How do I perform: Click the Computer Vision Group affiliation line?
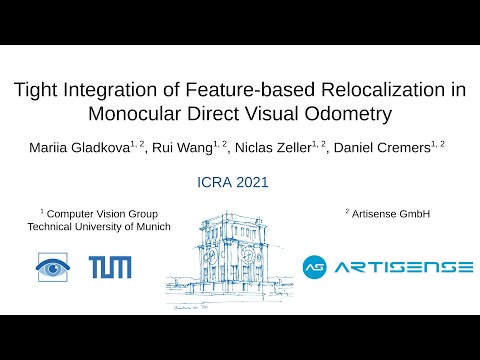coord(102,213)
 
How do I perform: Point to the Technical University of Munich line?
coord(98,227)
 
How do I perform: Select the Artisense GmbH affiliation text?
coord(390,213)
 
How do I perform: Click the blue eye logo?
coord(53,267)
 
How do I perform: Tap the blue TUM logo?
coord(107,267)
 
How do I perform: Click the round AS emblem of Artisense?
coord(316,267)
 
